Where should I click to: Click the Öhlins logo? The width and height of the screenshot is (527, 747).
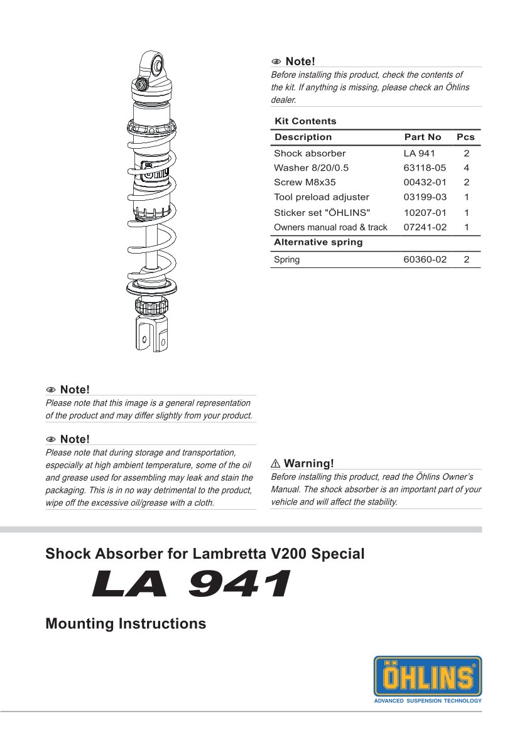coord(428,676)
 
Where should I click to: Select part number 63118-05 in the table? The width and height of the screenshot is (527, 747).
coord(425,168)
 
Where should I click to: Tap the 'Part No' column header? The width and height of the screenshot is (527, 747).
coord(422,137)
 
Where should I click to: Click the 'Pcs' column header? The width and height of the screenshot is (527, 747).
coord(465,137)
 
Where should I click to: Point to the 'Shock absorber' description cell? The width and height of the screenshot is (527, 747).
coord(310,153)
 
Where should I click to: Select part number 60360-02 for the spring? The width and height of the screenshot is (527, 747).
coord(425,259)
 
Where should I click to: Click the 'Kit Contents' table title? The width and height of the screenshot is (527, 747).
coord(305,121)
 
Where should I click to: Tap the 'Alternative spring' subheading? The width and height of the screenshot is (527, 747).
coord(318,242)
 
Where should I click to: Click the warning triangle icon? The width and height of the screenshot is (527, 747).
coord(276,464)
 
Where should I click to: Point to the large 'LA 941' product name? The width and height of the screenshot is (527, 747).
coord(192,584)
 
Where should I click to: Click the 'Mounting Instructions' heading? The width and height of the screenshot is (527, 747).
coord(126,624)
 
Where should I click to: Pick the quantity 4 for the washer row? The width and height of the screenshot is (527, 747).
coord(466,168)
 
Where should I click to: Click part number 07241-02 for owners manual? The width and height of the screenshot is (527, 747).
coord(425,227)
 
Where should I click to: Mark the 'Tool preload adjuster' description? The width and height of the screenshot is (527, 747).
coord(322,197)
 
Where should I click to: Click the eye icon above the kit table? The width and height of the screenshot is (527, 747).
coord(276,62)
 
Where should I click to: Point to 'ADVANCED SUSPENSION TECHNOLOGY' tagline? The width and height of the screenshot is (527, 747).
coord(428,701)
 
